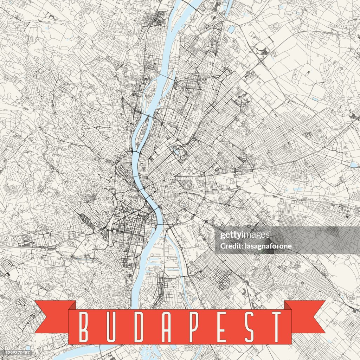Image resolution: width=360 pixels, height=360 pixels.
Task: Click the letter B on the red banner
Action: pos(84,327)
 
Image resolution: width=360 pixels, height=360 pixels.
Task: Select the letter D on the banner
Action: pos(139,327)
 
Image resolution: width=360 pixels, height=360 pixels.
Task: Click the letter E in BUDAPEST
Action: pos(222,327)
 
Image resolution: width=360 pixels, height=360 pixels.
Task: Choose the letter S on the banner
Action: pos(250,327)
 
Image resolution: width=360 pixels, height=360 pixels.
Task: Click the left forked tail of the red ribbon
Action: pos(53,316)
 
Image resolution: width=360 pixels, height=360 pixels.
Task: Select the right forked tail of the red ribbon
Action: pos(306,316)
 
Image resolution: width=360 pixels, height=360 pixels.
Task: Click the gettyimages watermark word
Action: pos(245,235)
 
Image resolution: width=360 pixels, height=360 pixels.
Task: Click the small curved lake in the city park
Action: pos(176,150)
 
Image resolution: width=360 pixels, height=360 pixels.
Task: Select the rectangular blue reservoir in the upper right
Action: pos(231,29)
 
